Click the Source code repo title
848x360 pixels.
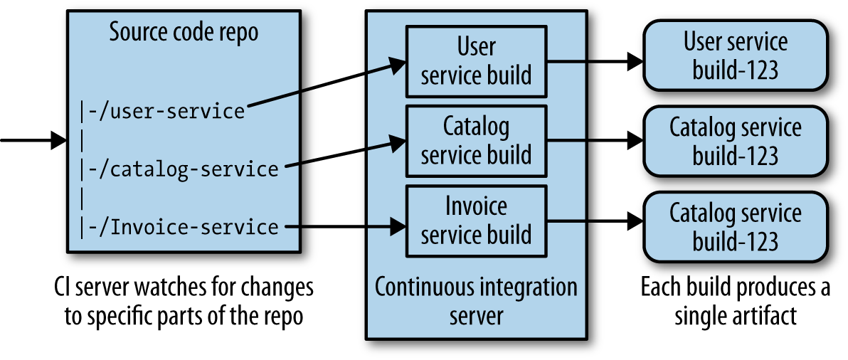pyautogui.click(x=183, y=33)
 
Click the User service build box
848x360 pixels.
pyautogui.click(x=476, y=61)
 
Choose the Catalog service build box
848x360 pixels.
pyautogui.click(x=476, y=141)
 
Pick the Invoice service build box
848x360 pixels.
pyautogui.click(x=476, y=221)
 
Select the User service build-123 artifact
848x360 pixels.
pyautogui.click(x=736, y=55)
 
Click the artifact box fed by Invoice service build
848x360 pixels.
pyautogui.click(x=736, y=227)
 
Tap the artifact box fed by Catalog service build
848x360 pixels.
pyautogui.click(x=736, y=141)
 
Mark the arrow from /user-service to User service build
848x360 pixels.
pyautogui.click(x=324, y=85)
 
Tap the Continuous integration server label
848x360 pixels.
pyautogui.click(x=476, y=300)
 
